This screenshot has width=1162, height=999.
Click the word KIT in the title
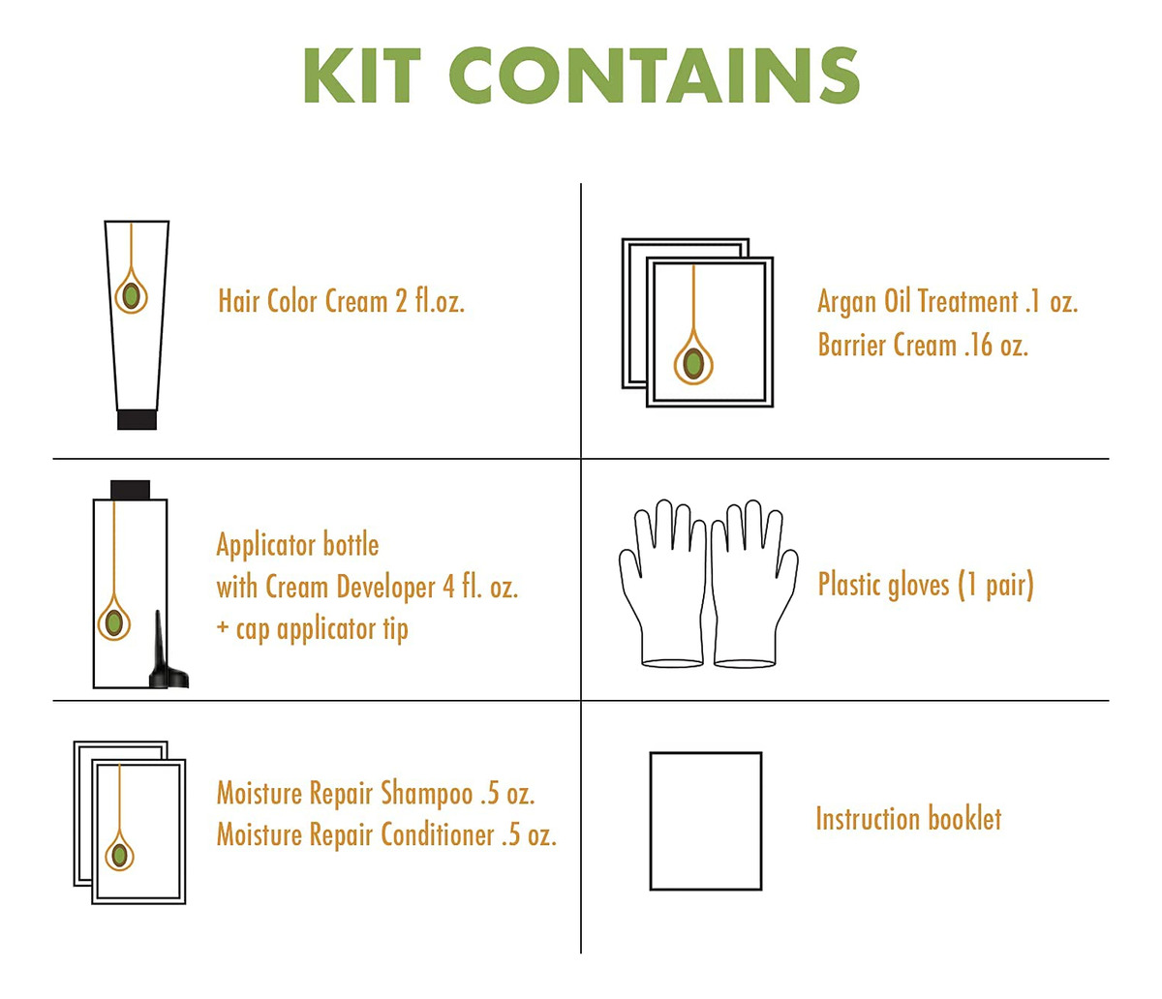click(362, 76)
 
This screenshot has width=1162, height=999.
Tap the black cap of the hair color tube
click(137, 420)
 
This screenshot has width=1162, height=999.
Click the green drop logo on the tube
click(131, 295)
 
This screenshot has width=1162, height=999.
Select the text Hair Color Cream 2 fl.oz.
click(341, 301)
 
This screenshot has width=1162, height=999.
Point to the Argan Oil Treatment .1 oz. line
click(947, 302)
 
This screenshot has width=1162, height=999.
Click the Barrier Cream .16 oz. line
click(923, 345)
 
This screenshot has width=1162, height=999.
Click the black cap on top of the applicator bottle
click(130, 490)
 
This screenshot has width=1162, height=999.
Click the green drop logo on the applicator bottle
click(113, 621)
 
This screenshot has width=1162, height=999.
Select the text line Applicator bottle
click(297, 546)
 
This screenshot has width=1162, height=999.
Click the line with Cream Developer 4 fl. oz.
click(367, 588)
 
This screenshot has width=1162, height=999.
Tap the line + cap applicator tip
click(313, 629)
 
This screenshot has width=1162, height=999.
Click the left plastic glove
click(661, 585)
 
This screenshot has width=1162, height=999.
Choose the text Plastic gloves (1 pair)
click(926, 585)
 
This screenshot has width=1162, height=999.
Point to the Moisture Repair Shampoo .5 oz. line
click(376, 794)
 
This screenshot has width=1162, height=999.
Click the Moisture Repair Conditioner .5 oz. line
click(386, 835)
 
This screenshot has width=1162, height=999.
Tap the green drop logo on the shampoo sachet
click(118, 855)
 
